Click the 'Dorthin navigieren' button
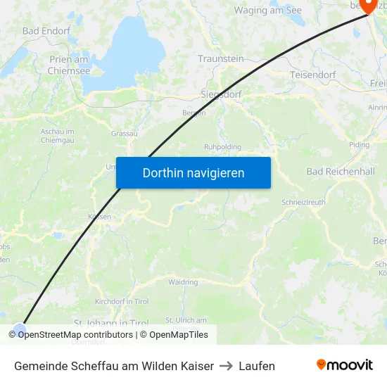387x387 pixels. click(x=193, y=172)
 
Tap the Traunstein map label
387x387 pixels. click(x=220, y=59)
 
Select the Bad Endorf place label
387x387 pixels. click(x=46, y=31)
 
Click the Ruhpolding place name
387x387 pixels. click(x=222, y=146)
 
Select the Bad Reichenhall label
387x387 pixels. click(x=341, y=172)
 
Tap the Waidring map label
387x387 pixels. click(x=183, y=282)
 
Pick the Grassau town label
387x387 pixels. click(x=124, y=133)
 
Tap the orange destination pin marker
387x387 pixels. click(x=367, y=6)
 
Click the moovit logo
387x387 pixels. click(x=345, y=365)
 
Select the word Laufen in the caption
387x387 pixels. click(x=257, y=366)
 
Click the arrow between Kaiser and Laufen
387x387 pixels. click(x=227, y=366)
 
